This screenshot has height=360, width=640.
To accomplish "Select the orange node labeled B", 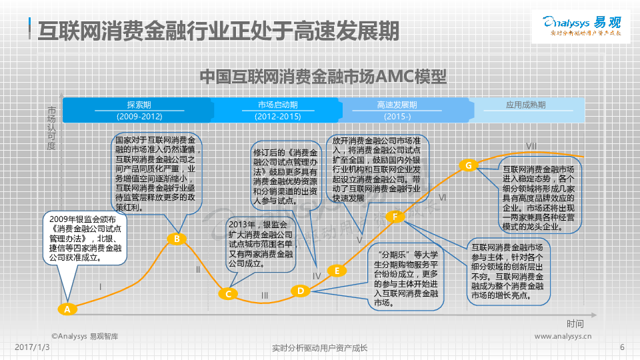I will click(x=176, y=239).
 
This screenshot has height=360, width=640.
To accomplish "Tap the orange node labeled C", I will click(x=228, y=293).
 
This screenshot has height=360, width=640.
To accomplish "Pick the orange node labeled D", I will click(x=301, y=290).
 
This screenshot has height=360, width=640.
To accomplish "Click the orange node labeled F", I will click(x=395, y=217).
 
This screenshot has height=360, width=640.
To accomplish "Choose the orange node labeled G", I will click(x=469, y=165).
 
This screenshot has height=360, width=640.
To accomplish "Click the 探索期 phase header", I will click(x=139, y=105).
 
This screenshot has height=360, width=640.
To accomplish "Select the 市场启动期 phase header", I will click(x=277, y=105).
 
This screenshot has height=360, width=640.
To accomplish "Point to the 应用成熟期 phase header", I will click(x=525, y=105).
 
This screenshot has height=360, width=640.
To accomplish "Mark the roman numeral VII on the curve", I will click(x=531, y=146).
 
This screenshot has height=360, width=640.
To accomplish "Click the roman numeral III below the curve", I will click(x=265, y=295).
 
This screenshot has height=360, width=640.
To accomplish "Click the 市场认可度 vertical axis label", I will click(x=51, y=127).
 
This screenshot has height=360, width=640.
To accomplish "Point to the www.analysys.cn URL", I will click(x=563, y=337).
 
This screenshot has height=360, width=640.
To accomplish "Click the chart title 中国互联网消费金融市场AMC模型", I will click(x=323, y=77).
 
